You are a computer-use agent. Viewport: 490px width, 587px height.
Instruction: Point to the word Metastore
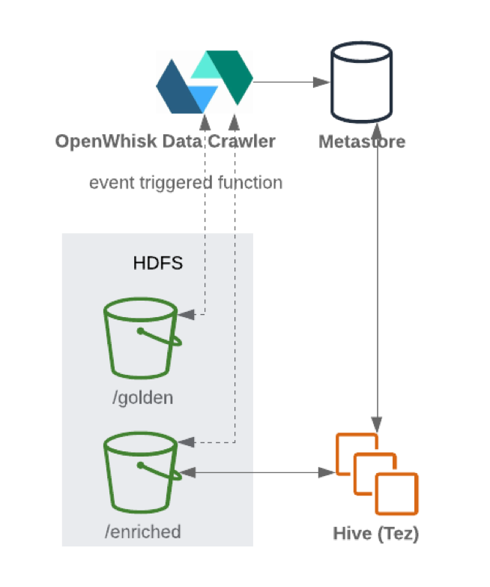pos(362,142)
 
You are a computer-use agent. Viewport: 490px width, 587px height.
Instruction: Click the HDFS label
pos(157,263)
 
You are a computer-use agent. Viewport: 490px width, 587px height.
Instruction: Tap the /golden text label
pos(142,397)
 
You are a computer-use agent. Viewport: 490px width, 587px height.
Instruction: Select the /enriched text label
pos(142,532)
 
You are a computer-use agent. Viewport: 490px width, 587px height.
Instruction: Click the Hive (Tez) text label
pos(375,535)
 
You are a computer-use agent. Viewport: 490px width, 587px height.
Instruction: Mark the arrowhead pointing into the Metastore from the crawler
pos(323,81)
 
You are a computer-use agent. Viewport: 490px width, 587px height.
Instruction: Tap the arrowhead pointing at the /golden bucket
pos(188,315)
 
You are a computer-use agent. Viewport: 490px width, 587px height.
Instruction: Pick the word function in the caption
pos(249,182)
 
